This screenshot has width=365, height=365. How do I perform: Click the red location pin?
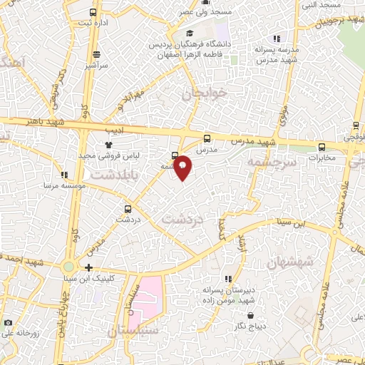(183, 168)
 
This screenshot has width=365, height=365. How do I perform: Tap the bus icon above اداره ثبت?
(93, 12)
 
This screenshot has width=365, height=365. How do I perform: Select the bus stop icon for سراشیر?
(96, 54)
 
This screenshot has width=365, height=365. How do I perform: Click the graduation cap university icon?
(189, 33)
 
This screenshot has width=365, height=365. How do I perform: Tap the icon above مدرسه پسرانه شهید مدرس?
(277, 38)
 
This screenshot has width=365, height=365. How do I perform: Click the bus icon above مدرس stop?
(207, 138)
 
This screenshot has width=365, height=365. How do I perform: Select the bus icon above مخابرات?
(322, 147)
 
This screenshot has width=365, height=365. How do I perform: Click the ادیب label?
(114, 131)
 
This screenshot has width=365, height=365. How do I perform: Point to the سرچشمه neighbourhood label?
(271, 163)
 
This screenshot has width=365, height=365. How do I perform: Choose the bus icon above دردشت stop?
(128, 209)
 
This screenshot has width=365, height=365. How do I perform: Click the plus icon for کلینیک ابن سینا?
(88, 268)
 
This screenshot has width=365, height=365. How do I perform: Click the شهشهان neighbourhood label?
(289, 263)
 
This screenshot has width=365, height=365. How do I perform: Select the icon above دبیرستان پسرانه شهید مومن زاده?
(228, 279)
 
